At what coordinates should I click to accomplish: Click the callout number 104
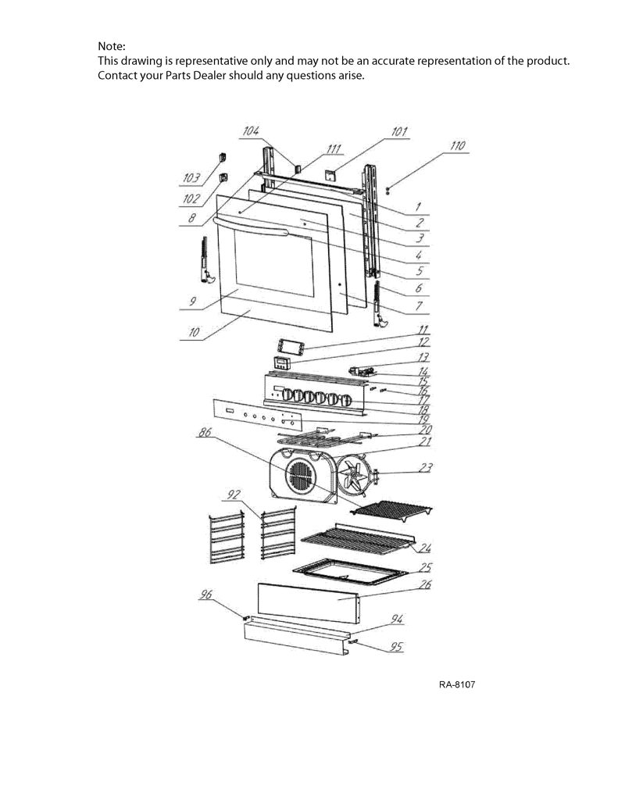(251, 131)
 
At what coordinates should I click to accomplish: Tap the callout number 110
(457, 146)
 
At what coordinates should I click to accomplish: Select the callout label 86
(205, 433)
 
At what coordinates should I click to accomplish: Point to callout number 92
(234, 495)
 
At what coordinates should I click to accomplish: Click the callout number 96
(205, 595)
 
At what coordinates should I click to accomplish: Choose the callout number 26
(424, 584)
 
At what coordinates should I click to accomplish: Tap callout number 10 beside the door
(194, 333)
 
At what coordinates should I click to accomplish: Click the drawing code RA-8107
(457, 684)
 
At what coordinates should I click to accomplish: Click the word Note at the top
(111, 46)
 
